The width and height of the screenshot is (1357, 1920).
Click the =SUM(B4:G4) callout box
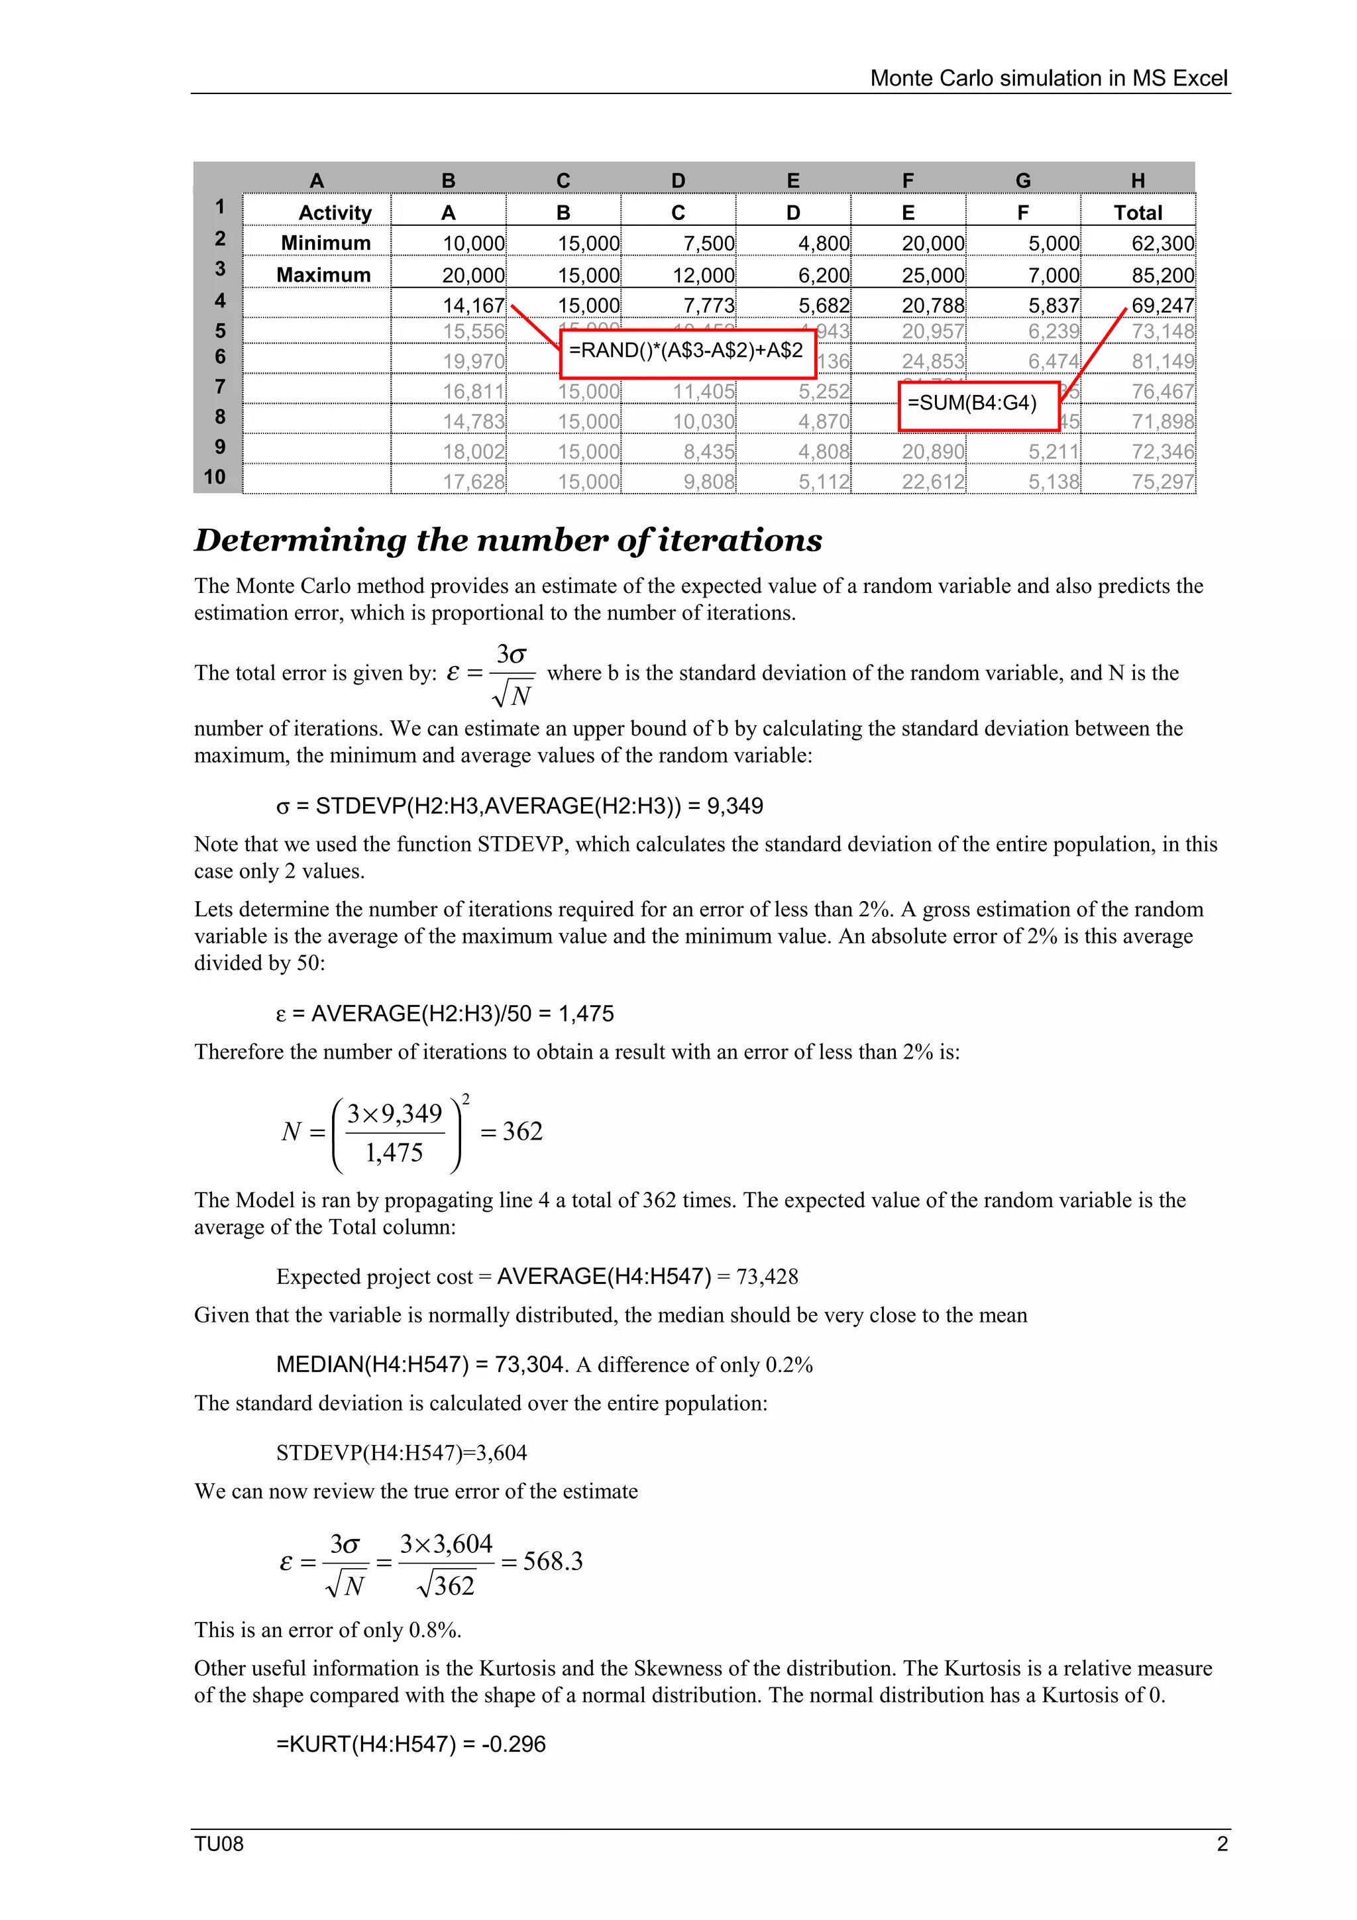coord(977,405)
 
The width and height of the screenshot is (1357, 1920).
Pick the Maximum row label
coord(323,275)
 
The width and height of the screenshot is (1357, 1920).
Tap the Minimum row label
coord(325,243)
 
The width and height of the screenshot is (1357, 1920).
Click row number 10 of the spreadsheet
coord(215,478)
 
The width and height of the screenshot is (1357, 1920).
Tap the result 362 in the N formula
coord(523,1132)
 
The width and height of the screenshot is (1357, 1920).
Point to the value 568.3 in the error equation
coord(553,1562)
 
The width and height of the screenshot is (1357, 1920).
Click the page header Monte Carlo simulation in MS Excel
coord(1048,79)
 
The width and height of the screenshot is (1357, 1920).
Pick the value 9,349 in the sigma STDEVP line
coord(735,806)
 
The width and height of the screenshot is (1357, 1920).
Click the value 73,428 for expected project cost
coord(767,1277)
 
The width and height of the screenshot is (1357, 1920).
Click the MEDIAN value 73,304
coord(529,1365)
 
